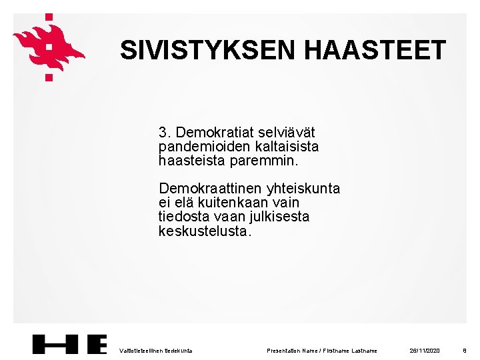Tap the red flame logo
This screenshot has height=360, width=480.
point(48,45)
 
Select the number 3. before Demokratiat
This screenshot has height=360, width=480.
point(165,131)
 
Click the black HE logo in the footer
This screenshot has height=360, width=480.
point(70,344)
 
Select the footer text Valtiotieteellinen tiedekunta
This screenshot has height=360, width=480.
point(155,350)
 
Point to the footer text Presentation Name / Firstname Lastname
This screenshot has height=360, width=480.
point(322,350)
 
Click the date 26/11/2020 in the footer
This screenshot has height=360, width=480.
point(425,350)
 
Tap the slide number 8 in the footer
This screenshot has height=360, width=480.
point(464,350)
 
